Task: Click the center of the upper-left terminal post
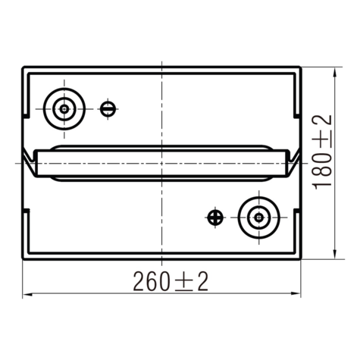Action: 64,108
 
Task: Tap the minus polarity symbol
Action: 109,108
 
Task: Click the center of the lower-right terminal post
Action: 258,218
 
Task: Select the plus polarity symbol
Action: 215,218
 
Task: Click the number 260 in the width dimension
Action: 150,281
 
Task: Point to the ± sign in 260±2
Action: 182,282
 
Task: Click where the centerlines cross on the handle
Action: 161,162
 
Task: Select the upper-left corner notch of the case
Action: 30,113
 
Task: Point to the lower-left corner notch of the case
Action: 30,216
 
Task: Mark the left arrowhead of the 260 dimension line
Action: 27,293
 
